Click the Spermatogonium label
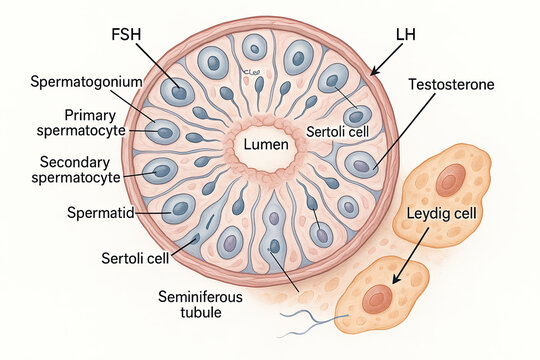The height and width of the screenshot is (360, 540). [x=86, y=80]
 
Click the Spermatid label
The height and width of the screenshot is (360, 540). [x=98, y=213]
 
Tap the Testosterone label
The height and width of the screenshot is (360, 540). [x=451, y=84]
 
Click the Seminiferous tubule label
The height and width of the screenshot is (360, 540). [x=199, y=304]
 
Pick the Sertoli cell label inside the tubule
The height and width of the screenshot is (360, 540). [x=334, y=130]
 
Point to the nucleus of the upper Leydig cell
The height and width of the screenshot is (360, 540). [x=451, y=181]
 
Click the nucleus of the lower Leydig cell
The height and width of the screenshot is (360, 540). [x=377, y=298]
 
